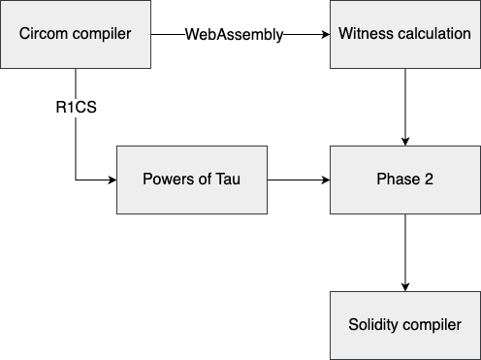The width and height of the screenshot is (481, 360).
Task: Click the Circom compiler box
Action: (76, 34)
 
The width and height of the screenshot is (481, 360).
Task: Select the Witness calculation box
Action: (404, 34)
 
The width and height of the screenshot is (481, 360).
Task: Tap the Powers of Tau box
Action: (191, 180)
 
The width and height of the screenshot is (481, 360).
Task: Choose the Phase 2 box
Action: (404, 180)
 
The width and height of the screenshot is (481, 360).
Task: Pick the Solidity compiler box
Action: (404, 324)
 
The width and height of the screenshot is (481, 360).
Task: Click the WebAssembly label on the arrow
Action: (234, 35)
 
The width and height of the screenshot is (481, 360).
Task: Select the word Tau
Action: (228, 180)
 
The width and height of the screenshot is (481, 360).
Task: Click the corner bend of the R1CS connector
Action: (75, 180)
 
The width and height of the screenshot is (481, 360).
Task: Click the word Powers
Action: (168, 180)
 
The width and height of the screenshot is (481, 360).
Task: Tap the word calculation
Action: (431, 34)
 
